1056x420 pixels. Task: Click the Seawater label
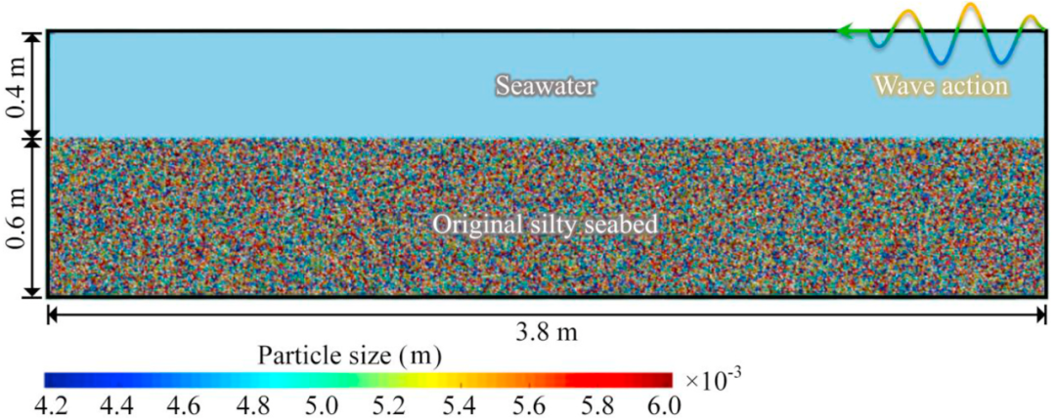(547, 86)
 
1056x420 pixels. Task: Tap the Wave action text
(942, 86)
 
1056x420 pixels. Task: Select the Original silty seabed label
(545, 224)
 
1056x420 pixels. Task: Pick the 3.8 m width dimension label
(547, 333)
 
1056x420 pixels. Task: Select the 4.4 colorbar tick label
(114, 405)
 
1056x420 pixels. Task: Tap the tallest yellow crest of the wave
(970, 6)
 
